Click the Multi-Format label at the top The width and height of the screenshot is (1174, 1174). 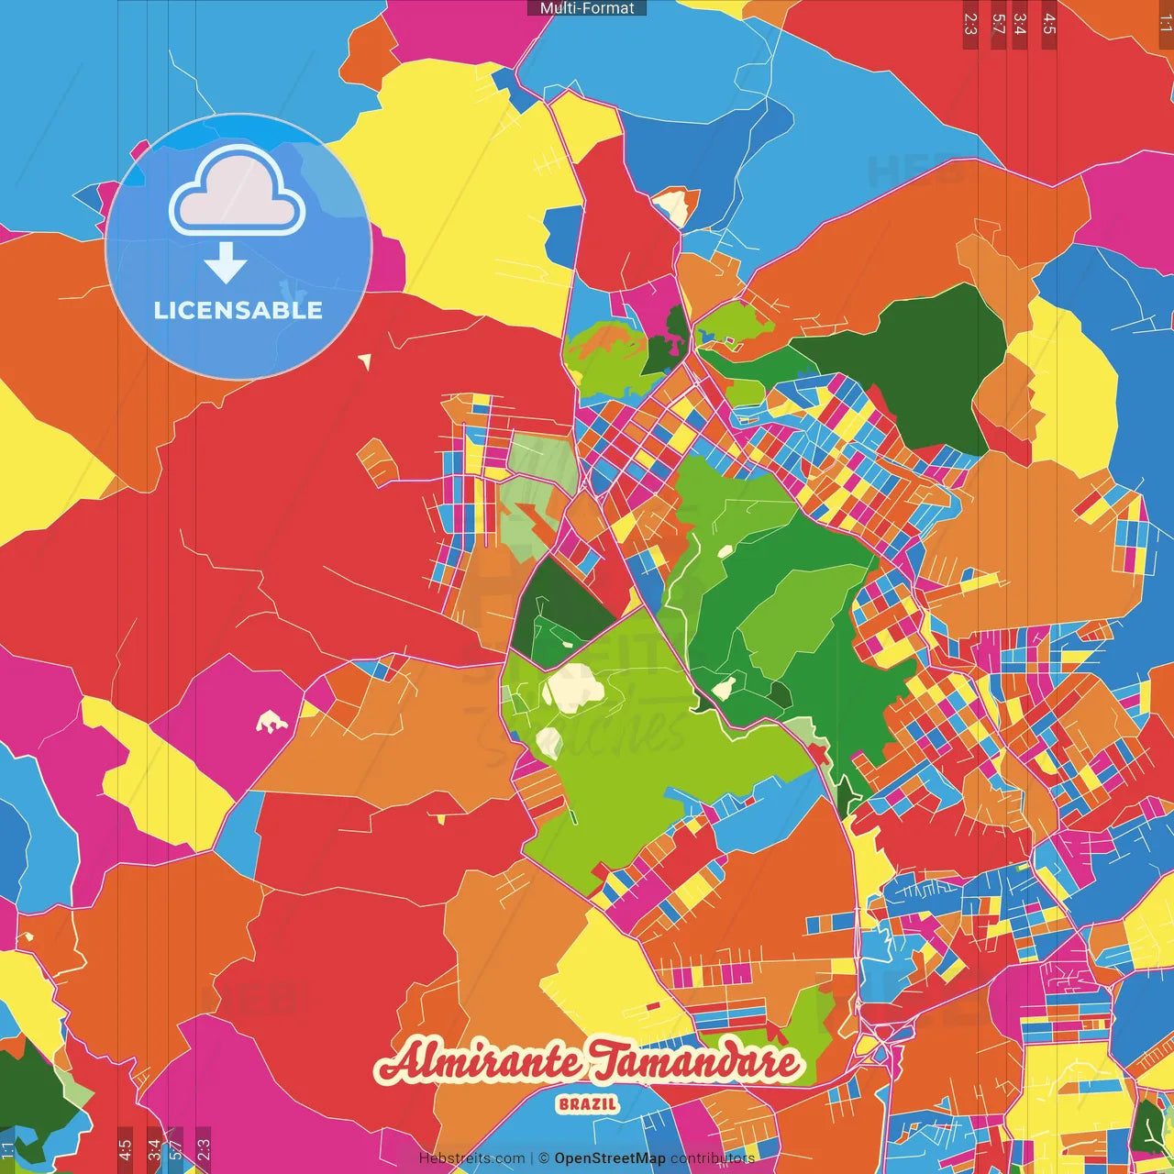pyautogui.click(x=587, y=8)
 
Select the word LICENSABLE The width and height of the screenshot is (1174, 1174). pyautogui.click(x=238, y=310)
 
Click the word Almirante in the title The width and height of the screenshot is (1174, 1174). pyautogui.click(x=479, y=1062)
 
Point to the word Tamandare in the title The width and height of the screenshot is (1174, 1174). pyautogui.click(x=694, y=1062)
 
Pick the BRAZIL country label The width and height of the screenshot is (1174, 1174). pyautogui.click(x=588, y=1104)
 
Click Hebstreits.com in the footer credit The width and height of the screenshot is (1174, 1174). pyautogui.click(x=471, y=1158)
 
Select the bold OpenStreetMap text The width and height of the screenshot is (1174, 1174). pyautogui.click(x=610, y=1158)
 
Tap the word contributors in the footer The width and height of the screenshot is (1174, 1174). pyautogui.click(x=712, y=1158)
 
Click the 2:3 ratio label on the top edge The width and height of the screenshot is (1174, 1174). pyautogui.click(x=970, y=24)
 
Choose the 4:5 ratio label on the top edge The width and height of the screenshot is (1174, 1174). pyautogui.click(x=1049, y=24)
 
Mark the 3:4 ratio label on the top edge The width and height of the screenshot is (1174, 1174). pyautogui.click(x=1019, y=24)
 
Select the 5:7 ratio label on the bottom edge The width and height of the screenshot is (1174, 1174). pyautogui.click(x=175, y=1149)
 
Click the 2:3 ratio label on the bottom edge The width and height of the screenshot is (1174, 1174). pyautogui.click(x=204, y=1149)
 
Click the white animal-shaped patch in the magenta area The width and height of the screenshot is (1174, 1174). pyautogui.click(x=271, y=723)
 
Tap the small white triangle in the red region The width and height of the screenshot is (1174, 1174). pyautogui.click(x=365, y=361)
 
